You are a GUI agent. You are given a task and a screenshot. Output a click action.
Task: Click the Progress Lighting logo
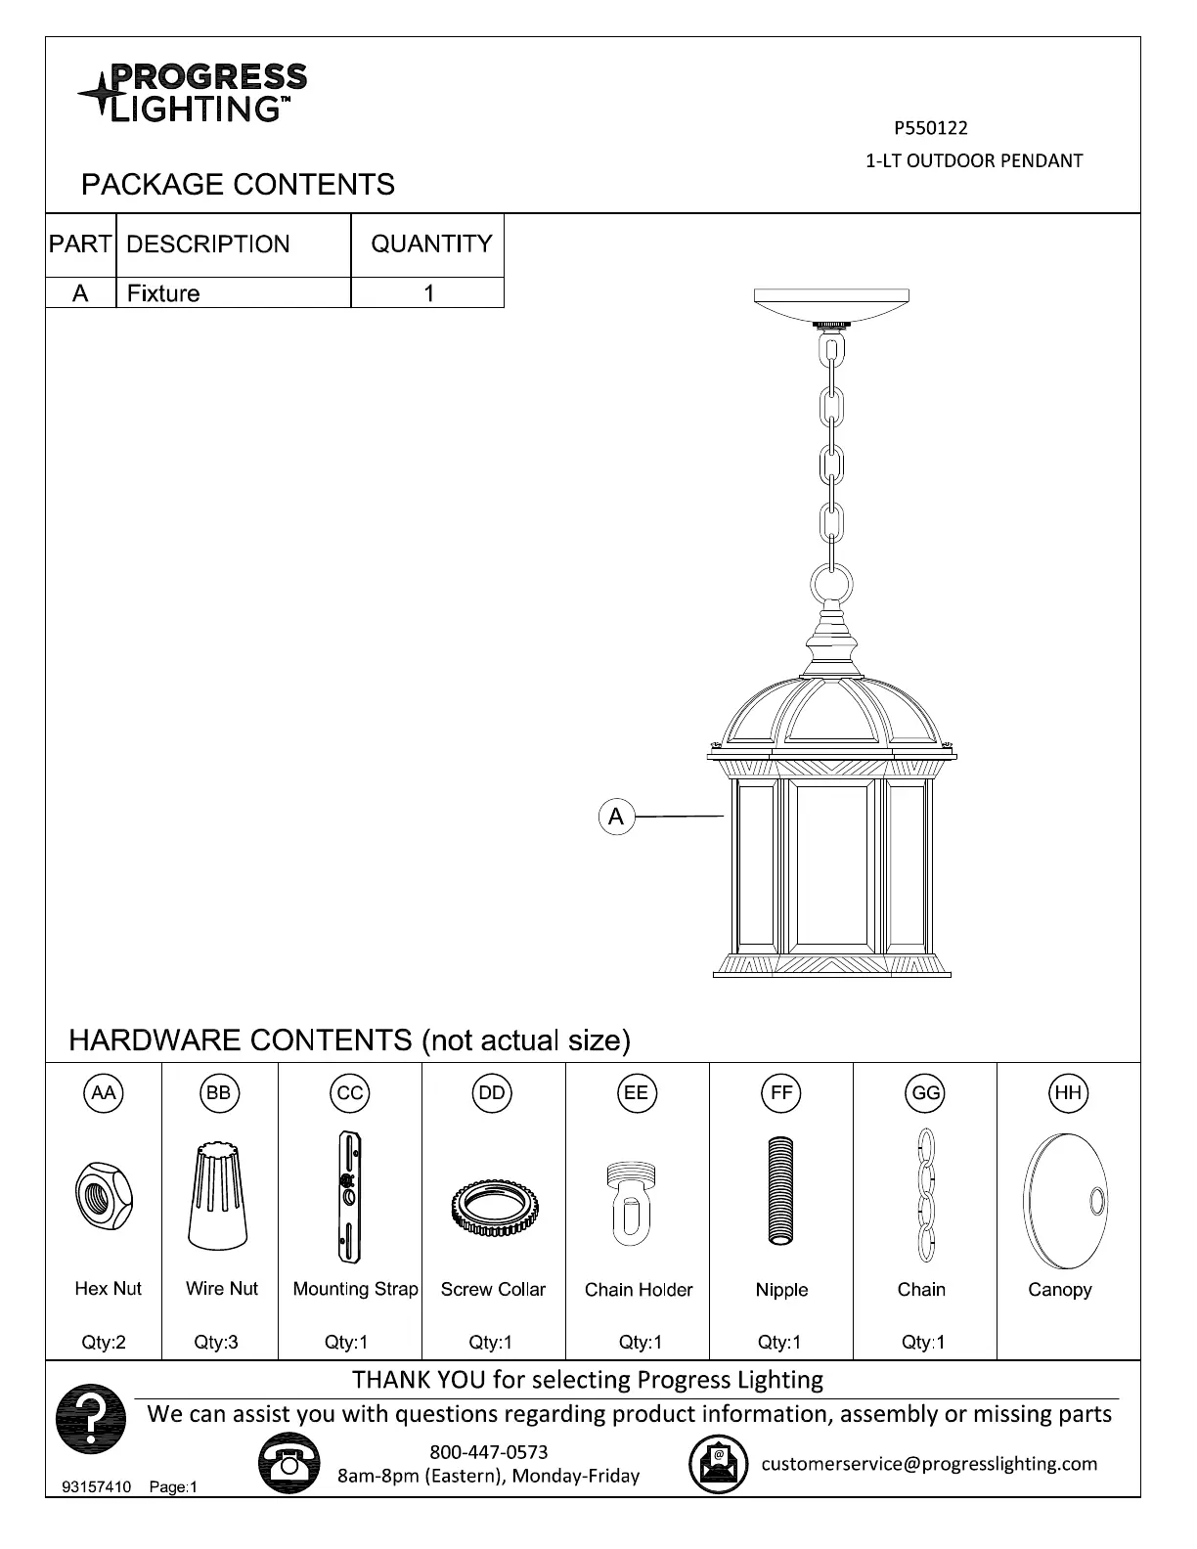point(193,93)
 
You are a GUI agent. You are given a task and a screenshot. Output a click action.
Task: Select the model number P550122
point(930,128)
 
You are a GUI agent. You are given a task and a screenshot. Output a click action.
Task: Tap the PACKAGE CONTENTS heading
point(238,185)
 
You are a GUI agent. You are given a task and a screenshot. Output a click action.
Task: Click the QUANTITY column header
point(431,243)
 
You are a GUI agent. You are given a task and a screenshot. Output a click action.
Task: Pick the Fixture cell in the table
point(163,293)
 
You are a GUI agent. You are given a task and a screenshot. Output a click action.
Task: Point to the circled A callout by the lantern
point(616,817)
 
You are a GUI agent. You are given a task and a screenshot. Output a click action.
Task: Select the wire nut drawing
point(218,1196)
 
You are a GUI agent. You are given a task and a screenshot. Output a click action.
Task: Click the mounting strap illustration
point(348,1197)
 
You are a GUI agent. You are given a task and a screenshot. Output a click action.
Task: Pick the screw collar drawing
point(492,1209)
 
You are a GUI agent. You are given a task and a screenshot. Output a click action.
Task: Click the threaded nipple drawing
point(780,1190)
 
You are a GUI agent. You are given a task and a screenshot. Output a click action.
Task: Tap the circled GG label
point(925,1093)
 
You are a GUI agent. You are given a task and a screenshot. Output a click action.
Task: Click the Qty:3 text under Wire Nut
point(216,1343)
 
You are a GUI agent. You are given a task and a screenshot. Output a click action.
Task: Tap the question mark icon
point(91,1419)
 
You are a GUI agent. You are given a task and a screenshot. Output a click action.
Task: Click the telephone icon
point(289,1462)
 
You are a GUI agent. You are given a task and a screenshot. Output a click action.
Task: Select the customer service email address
point(929,1464)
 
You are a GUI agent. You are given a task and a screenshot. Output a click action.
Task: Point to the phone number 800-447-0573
point(489,1452)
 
